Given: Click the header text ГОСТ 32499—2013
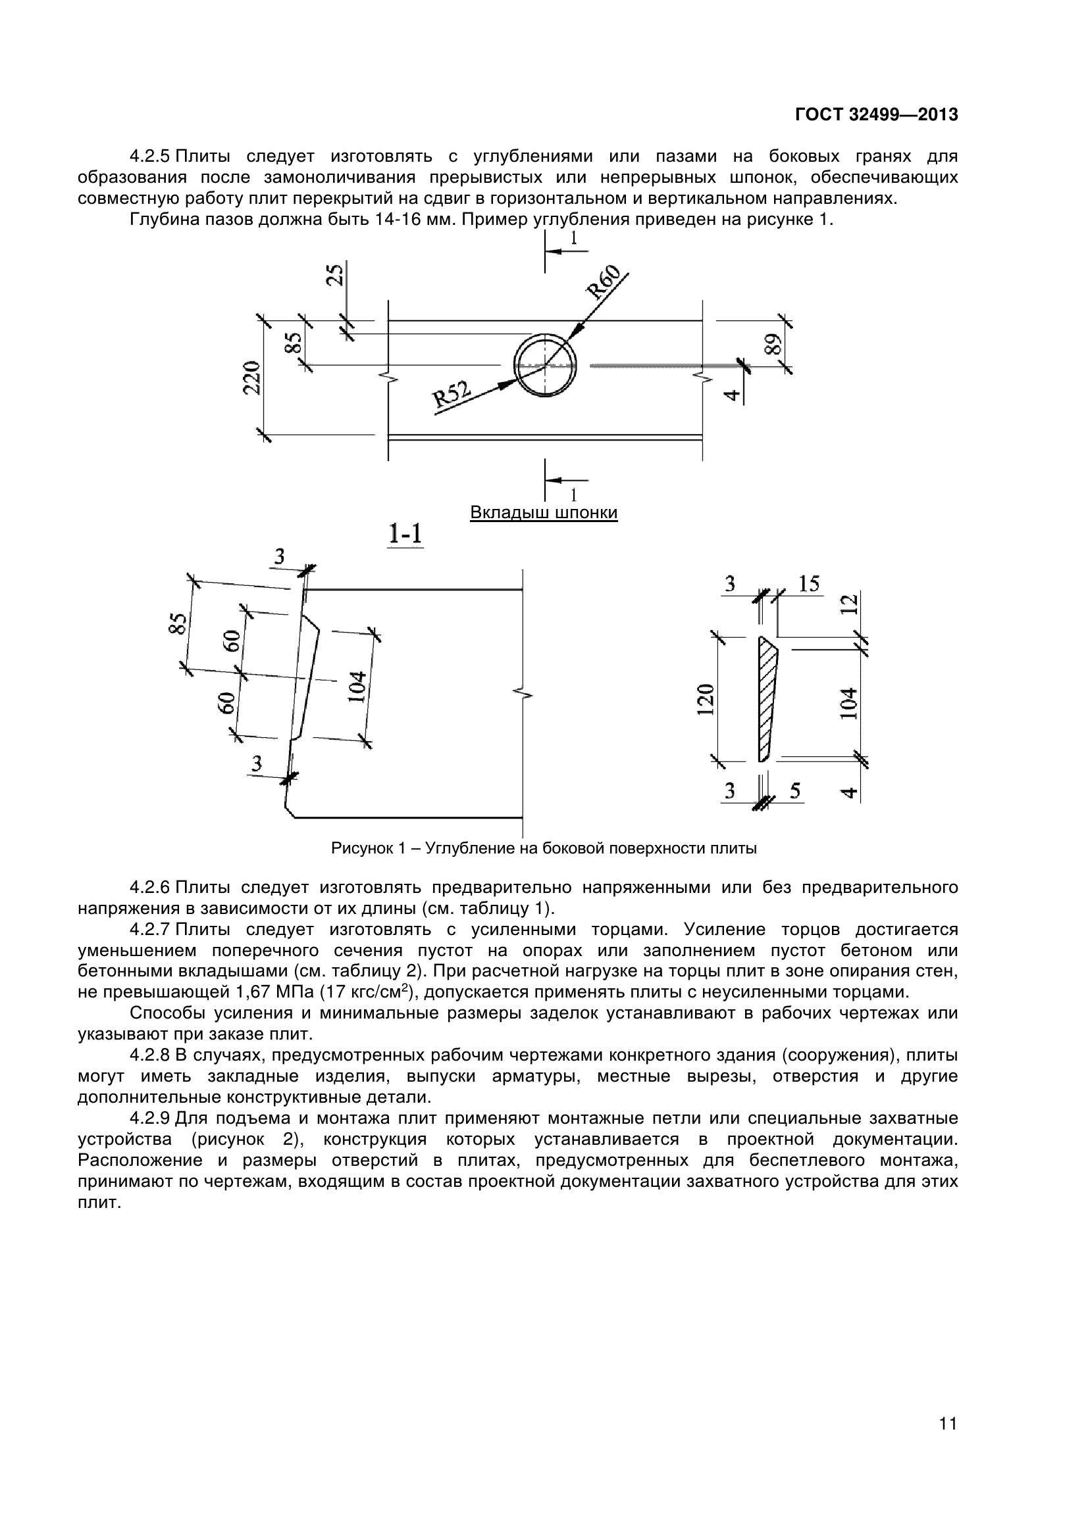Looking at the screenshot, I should click(876, 115).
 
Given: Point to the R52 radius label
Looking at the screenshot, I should click(452, 397).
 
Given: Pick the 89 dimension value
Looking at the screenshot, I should click(773, 345).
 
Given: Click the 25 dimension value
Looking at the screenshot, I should click(334, 274).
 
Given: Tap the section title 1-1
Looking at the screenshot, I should click(405, 534).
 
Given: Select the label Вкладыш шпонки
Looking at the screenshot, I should click(544, 512).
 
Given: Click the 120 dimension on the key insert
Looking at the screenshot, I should click(704, 700).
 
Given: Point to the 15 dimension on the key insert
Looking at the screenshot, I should click(809, 583).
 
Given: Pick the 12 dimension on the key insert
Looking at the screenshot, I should click(849, 605).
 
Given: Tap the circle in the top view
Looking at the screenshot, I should click(545, 365).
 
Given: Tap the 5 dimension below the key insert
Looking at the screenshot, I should click(794, 791).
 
